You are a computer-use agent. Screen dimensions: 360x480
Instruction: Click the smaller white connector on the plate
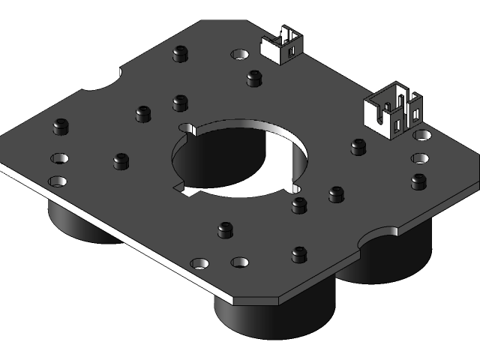click(x=280, y=46)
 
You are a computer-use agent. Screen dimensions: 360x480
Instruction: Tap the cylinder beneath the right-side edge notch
click(x=390, y=259)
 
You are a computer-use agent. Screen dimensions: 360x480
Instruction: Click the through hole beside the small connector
click(x=240, y=55)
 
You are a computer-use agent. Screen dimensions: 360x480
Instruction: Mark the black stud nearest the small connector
click(x=253, y=78)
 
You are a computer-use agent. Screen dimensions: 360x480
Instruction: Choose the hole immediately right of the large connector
click(x=423, y=135)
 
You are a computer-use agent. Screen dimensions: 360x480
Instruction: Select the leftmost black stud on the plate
click(x=61, y=126)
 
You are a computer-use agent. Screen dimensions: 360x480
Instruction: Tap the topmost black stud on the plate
click(x=179, y=53)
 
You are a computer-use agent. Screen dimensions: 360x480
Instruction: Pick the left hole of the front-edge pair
click(x=199, y=263)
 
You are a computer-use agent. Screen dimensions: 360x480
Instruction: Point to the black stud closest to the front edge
click(x=299, y=254)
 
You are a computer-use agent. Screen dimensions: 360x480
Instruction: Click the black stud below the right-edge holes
click(x=418, y=181)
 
